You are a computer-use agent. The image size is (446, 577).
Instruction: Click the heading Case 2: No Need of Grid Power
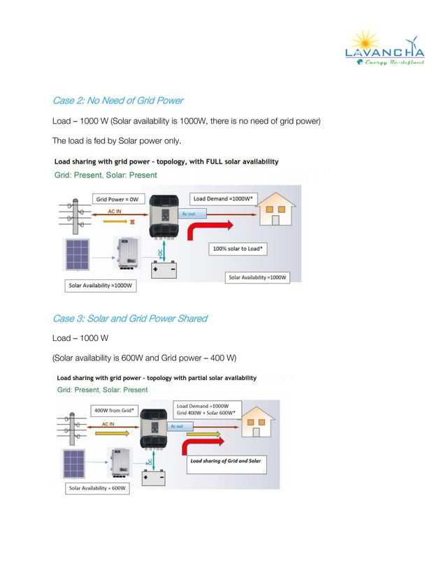(118, 101)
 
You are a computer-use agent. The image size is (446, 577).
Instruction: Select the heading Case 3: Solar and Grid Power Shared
(130, 319)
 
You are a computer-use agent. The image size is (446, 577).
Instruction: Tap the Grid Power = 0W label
(117, 199)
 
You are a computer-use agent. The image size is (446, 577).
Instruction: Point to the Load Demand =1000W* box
(223, 199)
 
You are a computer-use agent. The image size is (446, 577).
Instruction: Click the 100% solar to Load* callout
(237, 249)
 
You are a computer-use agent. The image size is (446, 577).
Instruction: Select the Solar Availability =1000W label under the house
(258, 277)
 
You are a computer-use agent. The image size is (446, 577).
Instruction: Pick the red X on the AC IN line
(130, 222)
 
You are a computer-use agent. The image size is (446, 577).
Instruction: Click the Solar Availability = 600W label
(98, 488)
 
